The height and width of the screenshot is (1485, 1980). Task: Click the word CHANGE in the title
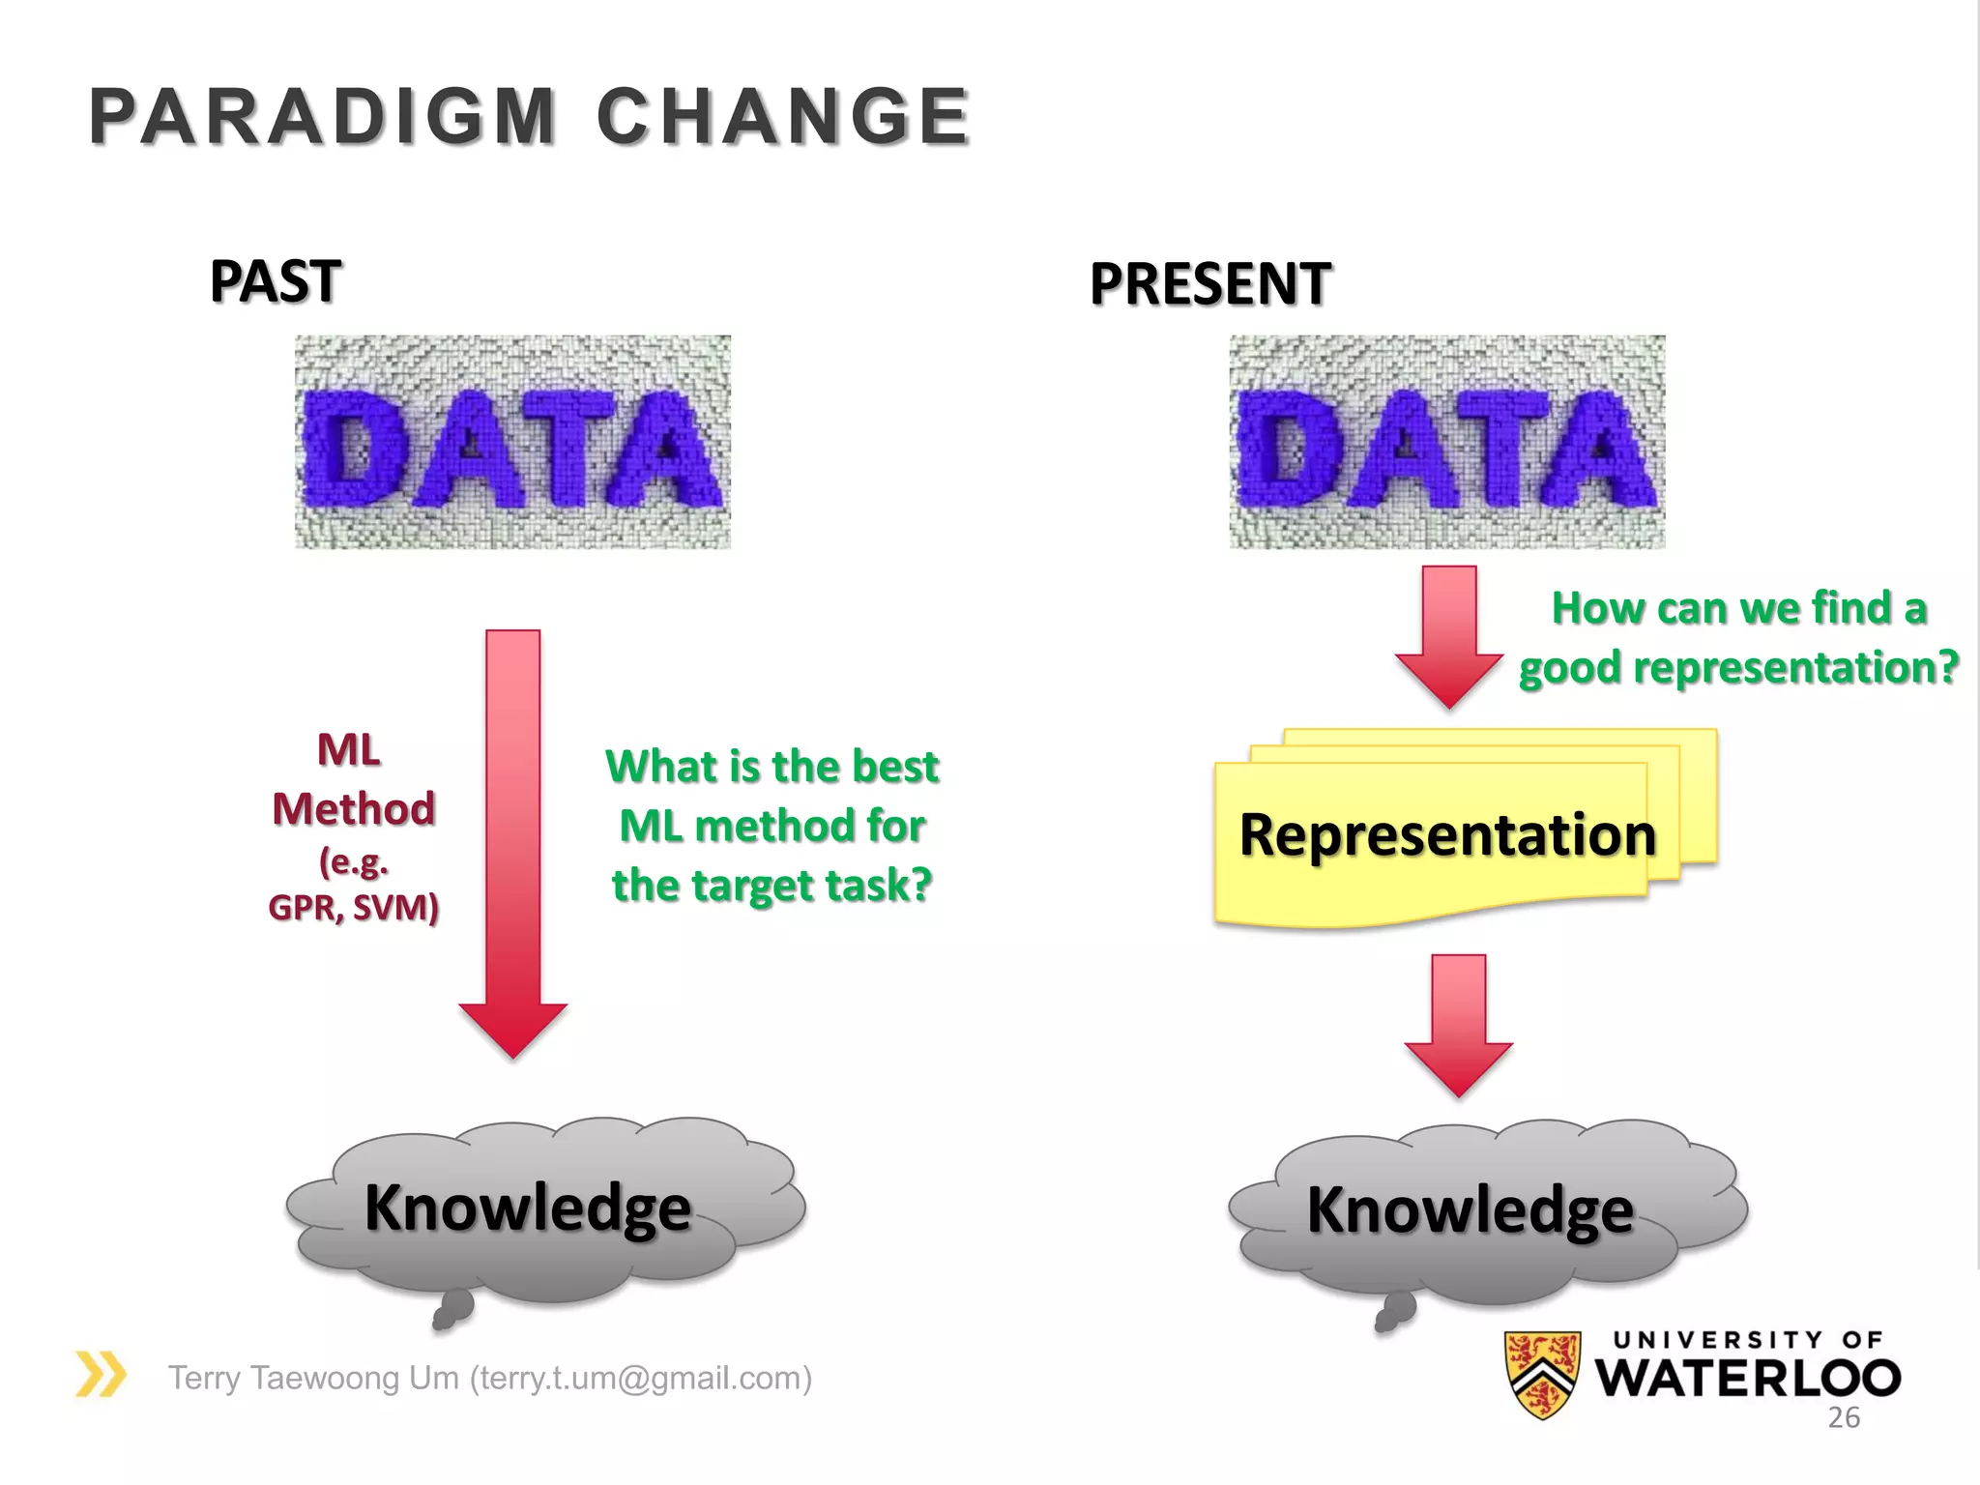pos(783,117)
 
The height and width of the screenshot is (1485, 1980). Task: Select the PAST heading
pos(276,281)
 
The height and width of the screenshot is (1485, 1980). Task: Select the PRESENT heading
pos(1210,284)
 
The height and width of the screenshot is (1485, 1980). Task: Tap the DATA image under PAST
pos(512,442)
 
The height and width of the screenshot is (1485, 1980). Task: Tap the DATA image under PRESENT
pos(1447,442)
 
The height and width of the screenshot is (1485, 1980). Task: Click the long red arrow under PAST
pos(512,841)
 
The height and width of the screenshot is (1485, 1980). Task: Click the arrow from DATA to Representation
pos(1449,633)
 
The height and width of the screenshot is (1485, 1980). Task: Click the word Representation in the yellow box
pos(1447,834)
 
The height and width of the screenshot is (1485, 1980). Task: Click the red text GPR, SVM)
pos(354,907)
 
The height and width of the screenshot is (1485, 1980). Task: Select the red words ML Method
pos(353,779)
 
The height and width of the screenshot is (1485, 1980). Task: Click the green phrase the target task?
pos(772,885)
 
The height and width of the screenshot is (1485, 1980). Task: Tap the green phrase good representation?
pos(1738,667)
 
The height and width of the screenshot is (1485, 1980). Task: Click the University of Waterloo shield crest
pos(1543,1374)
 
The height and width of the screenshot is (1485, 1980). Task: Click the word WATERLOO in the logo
pos(1747,1379)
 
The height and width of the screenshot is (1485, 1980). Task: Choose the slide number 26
pos(1844,1417)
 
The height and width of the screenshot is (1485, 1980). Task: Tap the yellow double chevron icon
pos(101,1374)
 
